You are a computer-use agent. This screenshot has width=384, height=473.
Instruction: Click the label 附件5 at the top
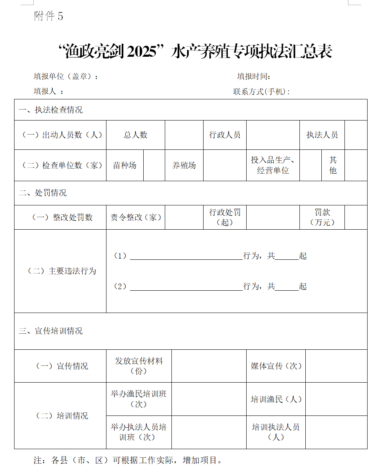[49, 16]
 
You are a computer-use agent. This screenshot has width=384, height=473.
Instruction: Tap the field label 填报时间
[254, 76]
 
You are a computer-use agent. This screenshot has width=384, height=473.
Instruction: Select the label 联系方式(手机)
[261, 92]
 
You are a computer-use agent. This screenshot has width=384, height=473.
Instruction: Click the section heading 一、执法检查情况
[51, 110]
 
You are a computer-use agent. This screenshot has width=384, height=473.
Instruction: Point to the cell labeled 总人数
[135, 135]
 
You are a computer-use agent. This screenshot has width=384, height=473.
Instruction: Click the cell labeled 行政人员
[225, 135]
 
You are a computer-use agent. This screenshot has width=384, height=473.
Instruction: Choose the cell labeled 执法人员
[322, 135]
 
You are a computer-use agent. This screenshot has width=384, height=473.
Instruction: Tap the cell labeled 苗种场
[124, 165]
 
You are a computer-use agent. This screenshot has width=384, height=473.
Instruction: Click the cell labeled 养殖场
[184, 165]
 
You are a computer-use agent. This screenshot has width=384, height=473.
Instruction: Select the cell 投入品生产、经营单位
[273, 165]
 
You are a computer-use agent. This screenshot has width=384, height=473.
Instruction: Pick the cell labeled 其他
[333, 165]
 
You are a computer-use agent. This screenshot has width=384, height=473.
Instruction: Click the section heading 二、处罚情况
[43, 193]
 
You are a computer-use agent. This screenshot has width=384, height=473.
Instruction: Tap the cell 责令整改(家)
[135, 218]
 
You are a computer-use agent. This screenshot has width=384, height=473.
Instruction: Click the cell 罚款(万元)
[322, 218]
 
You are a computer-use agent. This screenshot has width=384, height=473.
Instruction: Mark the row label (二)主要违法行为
[61, 271]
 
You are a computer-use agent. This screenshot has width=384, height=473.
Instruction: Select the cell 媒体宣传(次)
[276, 366]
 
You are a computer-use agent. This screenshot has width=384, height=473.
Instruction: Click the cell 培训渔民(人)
[276, 399]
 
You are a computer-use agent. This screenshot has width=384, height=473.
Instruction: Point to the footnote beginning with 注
[128, 460]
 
